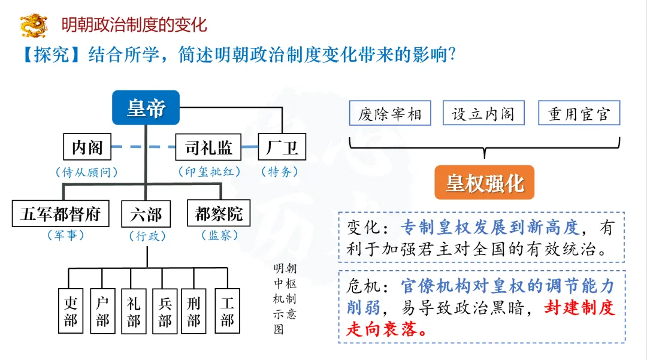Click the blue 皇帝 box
[146, 108]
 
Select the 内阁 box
[87, 147]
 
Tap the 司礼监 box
[208, 147]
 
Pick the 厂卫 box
[282, 147]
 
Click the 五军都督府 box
[61, 213]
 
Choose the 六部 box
[146, 213]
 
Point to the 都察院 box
[219, 213]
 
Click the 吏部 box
[71, 311]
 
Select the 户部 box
[102, 311]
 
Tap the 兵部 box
[165, 311]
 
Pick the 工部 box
[227, 311]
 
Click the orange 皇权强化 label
[484, 183]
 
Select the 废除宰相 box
[390, 114]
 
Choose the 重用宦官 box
[579, 114]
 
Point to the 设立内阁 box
[483, 114]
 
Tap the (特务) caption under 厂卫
[279, 172]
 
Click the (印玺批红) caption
[209, 172]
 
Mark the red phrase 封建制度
[580, 308]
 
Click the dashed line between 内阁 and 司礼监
[144, 147]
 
